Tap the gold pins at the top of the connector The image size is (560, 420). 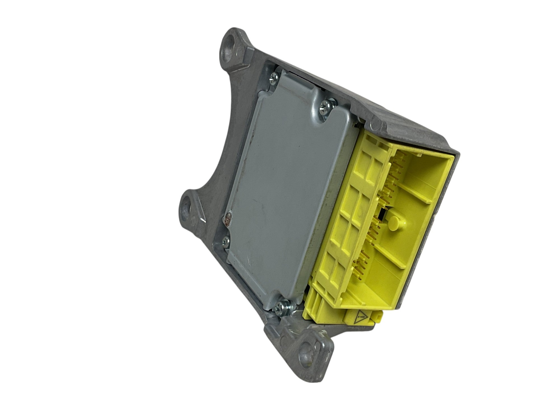click(x=398, y=165)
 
